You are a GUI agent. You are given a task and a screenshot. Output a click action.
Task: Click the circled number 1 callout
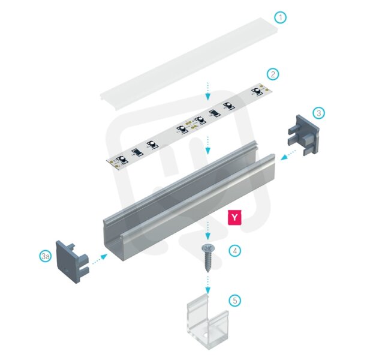(280, 17)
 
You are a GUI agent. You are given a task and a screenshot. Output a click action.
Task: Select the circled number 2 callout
(273, 74)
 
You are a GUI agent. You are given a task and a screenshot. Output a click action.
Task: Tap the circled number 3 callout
(319, 113)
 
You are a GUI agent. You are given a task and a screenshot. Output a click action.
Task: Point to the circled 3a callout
(46, 256)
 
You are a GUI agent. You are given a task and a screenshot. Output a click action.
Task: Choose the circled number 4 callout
(235, 251)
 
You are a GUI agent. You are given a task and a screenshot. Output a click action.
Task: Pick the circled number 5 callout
(235, 300)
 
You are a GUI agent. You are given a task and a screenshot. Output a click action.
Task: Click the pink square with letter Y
(234, 218)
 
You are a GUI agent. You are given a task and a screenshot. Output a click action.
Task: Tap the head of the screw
(207, 247)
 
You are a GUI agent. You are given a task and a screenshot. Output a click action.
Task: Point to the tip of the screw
(207, 272)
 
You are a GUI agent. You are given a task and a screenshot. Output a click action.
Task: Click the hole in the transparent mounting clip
(206, 334)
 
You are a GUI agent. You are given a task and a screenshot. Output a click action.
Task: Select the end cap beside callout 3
(303, 135)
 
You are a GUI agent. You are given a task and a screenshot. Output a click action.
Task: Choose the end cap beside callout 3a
(73, 262)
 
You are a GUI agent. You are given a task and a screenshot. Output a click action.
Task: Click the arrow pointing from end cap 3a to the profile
(100, 259)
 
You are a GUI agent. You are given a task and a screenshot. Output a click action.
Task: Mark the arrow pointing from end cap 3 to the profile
(288, 154)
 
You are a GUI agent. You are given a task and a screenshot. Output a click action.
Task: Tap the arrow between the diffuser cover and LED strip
(208, 91)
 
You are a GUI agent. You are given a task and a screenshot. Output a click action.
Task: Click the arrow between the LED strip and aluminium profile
(208, 145)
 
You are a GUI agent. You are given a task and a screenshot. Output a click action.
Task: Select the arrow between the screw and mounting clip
(208, 285)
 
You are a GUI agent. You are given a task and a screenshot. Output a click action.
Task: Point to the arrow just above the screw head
(208, 230)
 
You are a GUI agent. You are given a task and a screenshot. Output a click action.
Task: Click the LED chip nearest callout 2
(257, 91)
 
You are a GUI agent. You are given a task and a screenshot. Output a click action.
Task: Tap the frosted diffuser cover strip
(189, 64)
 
